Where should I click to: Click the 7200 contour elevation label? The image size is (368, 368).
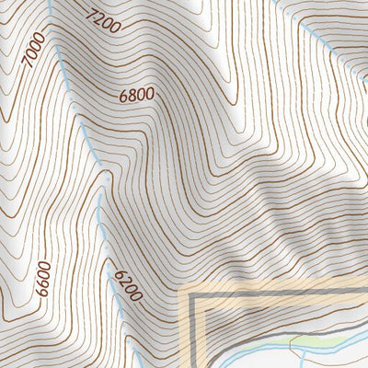point(103,19)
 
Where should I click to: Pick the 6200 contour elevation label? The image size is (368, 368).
point(127,284)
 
